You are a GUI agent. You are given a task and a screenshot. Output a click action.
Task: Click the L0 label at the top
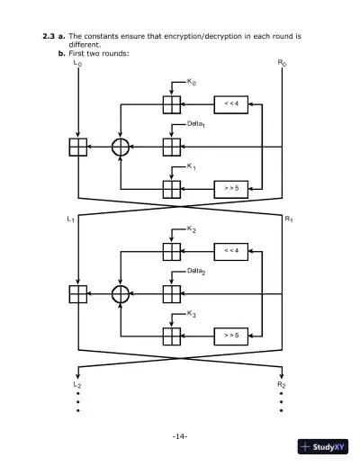(x=77, y=64)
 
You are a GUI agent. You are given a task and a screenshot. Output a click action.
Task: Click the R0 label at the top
(x=283, y=64)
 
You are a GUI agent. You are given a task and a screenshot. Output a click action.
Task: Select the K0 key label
(x=193, y=83)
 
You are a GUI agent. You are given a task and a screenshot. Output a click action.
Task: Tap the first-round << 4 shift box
(x=230, y=103)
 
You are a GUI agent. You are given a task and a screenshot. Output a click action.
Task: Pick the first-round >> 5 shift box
(x=230, y=188)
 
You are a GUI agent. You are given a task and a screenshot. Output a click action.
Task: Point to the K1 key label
(x=193, y=167)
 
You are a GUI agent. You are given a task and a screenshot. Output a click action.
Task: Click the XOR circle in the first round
(x=121, y=147)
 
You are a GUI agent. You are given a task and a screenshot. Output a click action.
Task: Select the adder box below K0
(x=171, y=103)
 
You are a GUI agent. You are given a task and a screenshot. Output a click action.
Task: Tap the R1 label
(x=289, y=219)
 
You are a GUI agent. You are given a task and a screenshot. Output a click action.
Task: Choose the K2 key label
(x=193, y=230)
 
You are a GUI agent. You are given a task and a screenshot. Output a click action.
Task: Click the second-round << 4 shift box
(x=230, y=251)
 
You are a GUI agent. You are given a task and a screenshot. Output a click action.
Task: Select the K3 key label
(x=193, y=315)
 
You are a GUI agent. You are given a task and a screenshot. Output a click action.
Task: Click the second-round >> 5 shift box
(x=230, y=336)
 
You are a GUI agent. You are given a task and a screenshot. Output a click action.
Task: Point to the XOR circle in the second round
(x=121, y=293)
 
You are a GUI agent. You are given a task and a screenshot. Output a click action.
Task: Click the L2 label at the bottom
(x=77, y=384)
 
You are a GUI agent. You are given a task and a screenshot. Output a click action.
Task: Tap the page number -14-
(x=179, y=436)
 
